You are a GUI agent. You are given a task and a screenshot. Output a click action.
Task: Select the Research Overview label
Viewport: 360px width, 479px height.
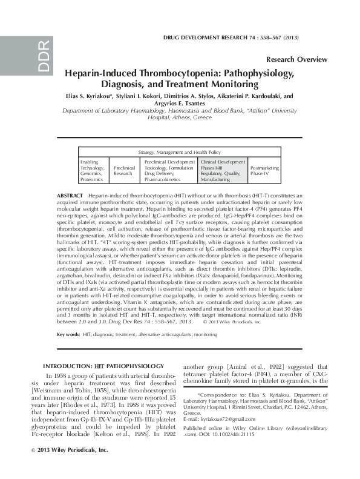(296, 59)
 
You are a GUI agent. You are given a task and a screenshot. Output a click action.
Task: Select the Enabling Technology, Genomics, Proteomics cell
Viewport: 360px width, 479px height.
(93, 171)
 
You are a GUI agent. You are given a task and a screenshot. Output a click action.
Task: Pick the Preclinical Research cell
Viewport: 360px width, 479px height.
(124, 171)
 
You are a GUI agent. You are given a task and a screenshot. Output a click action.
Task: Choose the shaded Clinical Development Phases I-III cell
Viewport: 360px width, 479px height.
(223, 171)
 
